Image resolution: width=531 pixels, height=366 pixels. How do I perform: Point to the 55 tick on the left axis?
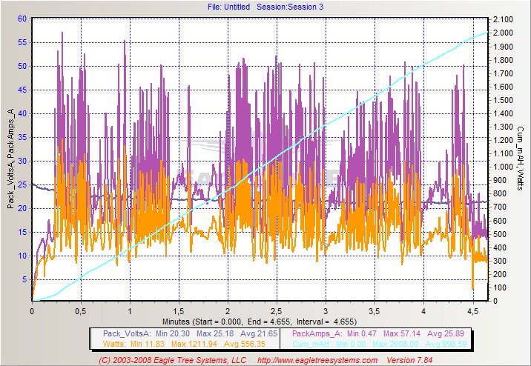23,42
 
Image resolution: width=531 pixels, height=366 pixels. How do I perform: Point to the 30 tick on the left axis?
23,161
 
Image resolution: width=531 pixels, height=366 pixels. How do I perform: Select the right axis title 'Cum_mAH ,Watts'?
522,159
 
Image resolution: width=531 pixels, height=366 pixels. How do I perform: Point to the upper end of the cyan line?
487,33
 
